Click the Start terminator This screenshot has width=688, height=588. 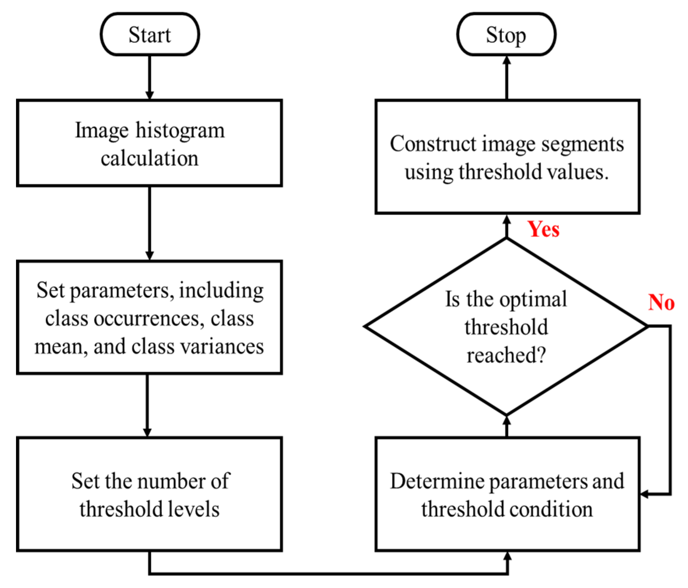[x=149, y=34]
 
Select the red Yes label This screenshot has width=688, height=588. [x=543, y=229]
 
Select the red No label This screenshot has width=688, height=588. [x=661, y=302]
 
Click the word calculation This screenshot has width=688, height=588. [x=149, y=158]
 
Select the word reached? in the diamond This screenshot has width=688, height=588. [x=506, y=355]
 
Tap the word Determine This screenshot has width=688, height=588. [x=437, y=481]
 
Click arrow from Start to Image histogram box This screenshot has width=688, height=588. [x=149, y=76]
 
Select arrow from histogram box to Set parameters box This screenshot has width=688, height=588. [x=149, y=222]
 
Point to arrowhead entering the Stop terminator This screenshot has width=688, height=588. [x=506, y=61]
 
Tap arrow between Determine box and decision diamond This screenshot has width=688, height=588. [x=506, y=426]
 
